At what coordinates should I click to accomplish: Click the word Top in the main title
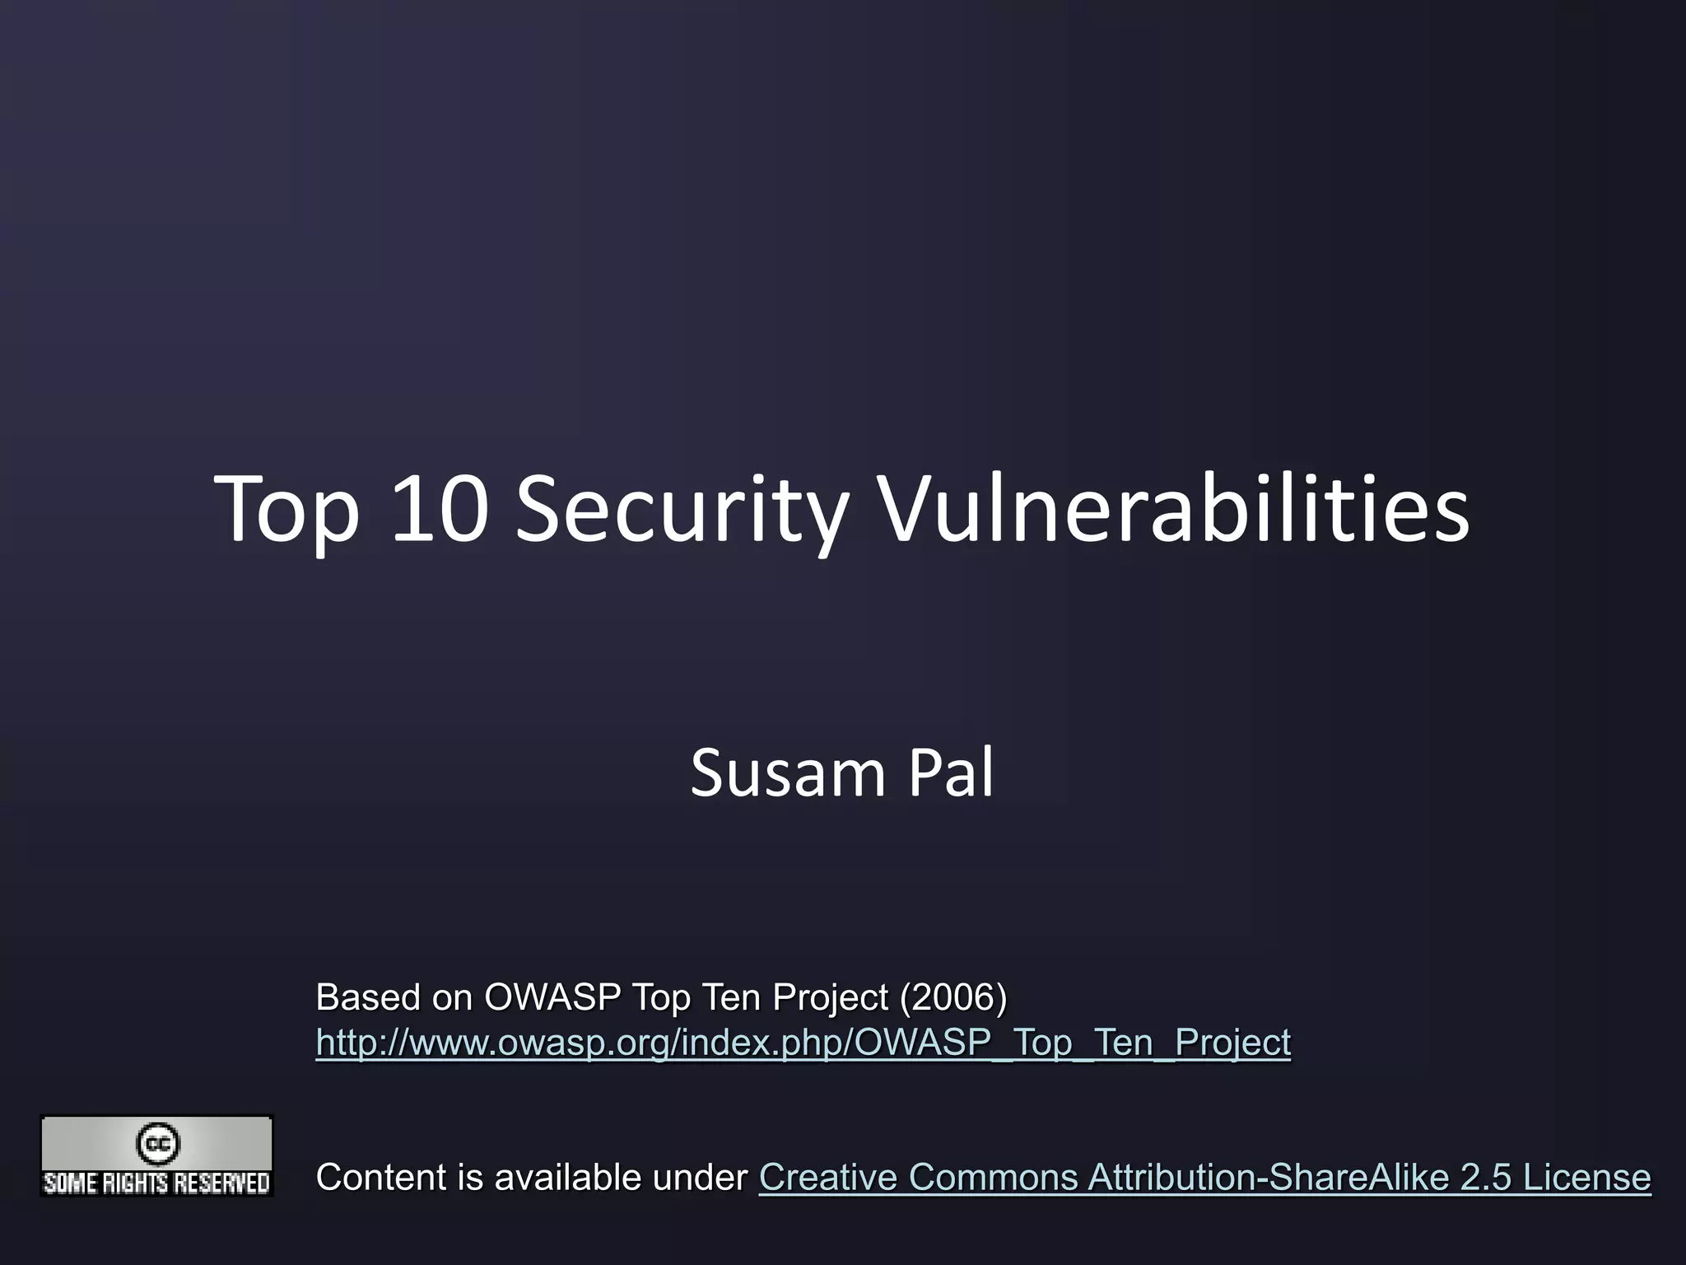click(x=287, y=511)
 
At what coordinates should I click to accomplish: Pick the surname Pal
click(x=951, y=773)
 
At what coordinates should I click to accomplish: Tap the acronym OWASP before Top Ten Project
click(x=552, y=997)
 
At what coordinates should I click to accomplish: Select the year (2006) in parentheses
click(x=953, y=997)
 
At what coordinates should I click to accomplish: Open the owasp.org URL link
click(x=803, y=1043)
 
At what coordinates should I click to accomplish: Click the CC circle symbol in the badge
click(x=157, y=1144)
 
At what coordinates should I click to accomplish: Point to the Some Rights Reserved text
click(x=156, y=1183)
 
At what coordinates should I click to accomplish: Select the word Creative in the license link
click(x=828, y=1178)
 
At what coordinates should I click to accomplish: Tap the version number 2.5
click(x=1486, y=1178)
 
